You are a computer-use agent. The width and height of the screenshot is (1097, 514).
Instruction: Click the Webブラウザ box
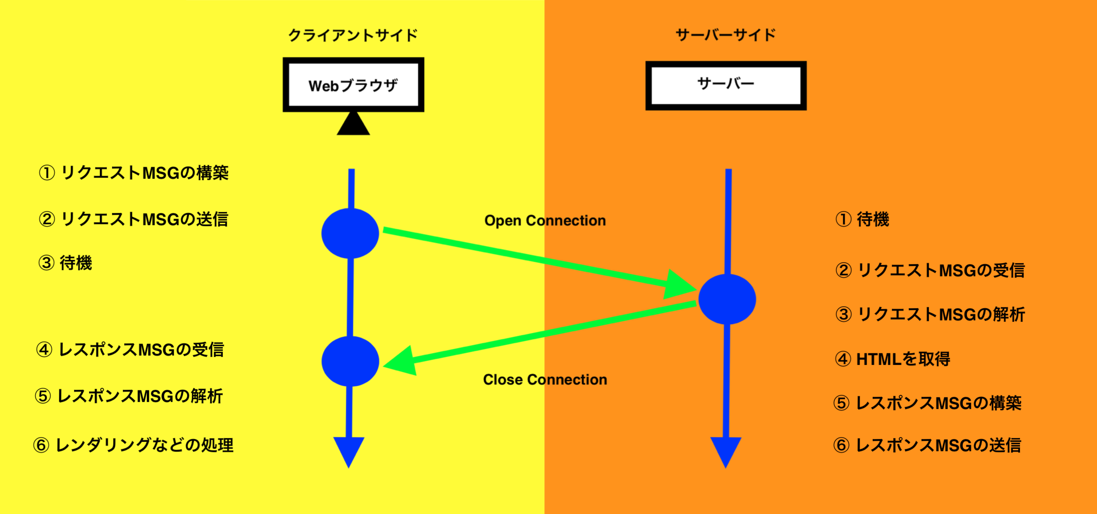353,85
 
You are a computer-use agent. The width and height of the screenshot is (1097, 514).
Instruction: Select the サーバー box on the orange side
726,85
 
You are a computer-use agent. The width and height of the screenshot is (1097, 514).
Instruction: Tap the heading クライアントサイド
353,35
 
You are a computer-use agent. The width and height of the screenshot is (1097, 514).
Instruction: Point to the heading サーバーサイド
726,35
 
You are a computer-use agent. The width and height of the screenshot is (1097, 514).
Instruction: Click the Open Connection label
545,220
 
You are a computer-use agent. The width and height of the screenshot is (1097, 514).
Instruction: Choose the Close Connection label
545,379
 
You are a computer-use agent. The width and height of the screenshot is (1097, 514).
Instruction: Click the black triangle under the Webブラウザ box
353,124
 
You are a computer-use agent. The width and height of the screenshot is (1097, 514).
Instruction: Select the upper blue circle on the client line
350,233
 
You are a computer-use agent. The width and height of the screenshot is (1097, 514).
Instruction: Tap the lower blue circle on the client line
350,361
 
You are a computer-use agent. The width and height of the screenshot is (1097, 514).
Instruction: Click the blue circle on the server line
727,299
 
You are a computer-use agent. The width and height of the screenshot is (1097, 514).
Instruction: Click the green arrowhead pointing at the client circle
402,362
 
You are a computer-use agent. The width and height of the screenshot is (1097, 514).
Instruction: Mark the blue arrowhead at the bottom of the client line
349,450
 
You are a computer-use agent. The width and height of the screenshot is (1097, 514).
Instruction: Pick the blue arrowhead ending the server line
726,450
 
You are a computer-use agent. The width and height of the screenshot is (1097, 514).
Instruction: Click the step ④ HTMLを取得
892,359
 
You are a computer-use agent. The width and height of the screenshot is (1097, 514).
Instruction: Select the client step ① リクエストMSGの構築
134,173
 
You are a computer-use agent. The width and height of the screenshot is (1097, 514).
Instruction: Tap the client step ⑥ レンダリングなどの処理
133,445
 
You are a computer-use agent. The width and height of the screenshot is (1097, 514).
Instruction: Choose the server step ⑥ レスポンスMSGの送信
927,445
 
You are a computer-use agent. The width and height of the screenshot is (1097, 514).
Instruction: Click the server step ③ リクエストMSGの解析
930,314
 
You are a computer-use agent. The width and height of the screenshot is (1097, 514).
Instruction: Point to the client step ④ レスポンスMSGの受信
130,350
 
